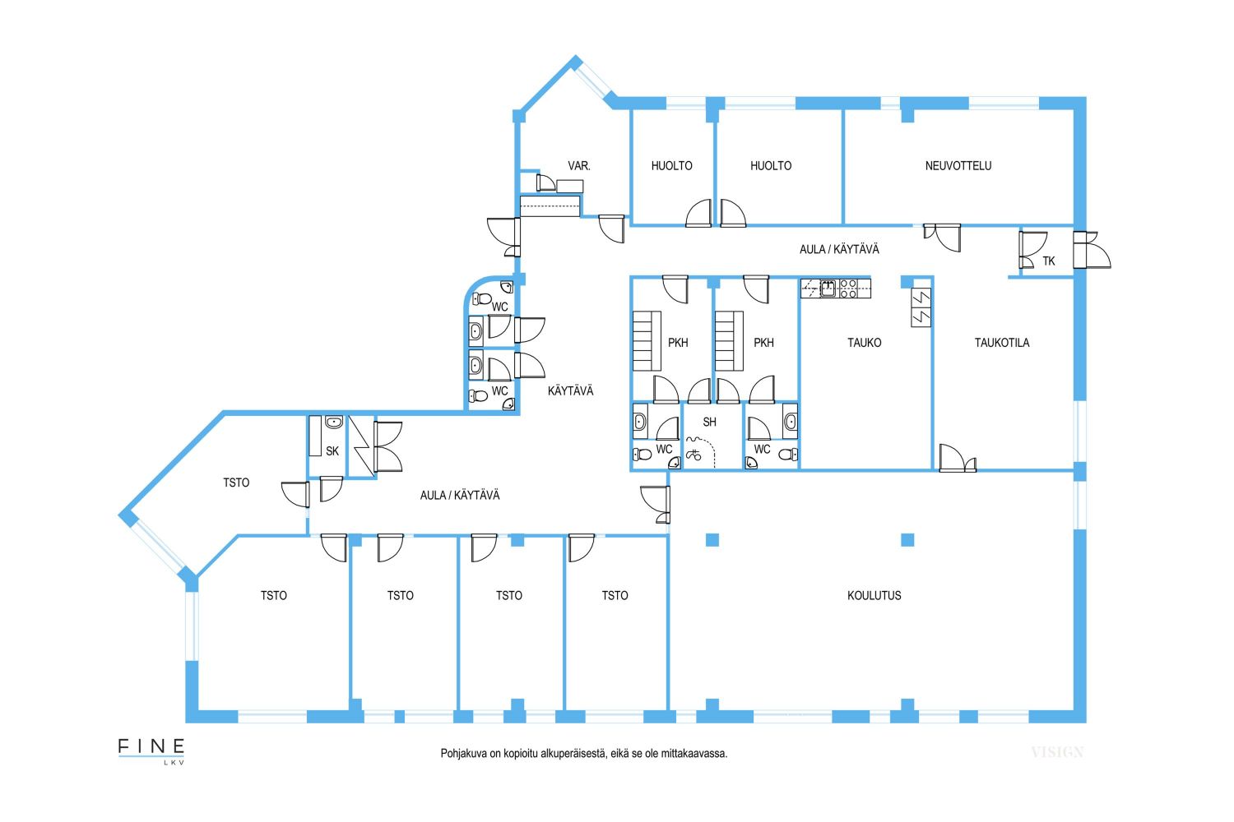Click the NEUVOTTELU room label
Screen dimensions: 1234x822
click(958, 166)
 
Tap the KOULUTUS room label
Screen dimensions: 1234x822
click(874, 596)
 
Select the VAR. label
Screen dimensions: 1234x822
click(579, 166)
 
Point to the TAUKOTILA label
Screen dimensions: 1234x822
click(1002, 343)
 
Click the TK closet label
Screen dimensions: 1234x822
click(1049, 261)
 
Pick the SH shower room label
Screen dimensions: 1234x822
click(709, 423)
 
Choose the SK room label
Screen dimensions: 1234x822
click(332, 451)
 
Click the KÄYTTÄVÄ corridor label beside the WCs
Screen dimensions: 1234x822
click(570, 391)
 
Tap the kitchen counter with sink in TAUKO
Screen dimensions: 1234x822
click(836, 289)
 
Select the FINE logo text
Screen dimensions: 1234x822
click(151, 746)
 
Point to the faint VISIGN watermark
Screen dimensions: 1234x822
click(1057, 752)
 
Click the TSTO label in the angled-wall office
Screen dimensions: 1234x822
click(236, 483)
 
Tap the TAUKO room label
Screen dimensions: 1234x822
click(865, 343)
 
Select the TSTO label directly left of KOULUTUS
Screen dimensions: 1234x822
click(615, 596)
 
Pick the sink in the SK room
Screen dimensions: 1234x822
click(334, 423)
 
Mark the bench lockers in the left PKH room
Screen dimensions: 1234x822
click(647, 341)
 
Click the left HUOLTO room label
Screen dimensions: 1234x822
click(671, 166)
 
